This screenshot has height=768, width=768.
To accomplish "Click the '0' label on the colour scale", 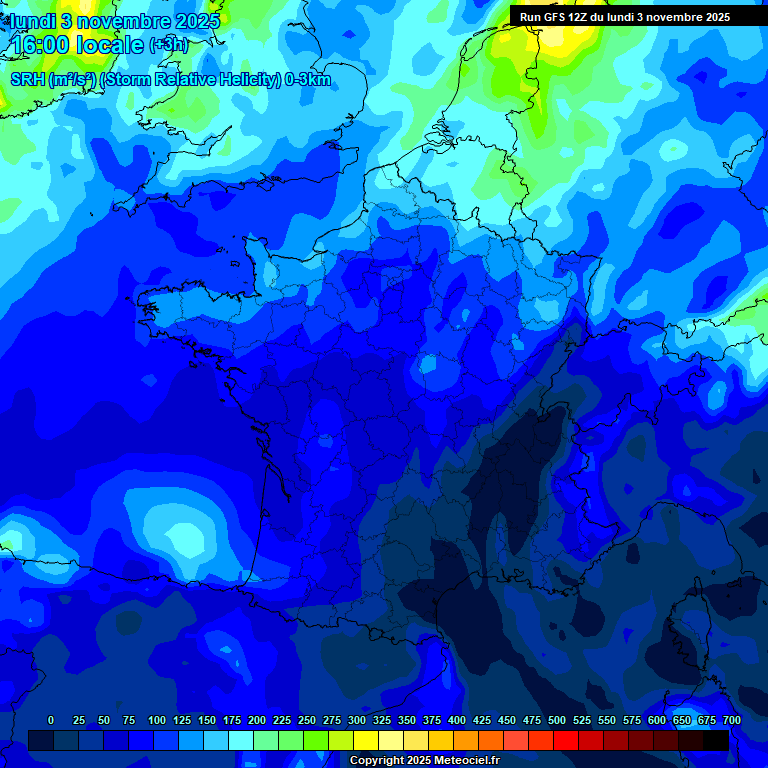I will [51, 720].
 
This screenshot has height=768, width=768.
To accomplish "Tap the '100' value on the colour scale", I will [157, 720].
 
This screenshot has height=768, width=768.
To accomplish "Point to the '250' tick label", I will [307, 720].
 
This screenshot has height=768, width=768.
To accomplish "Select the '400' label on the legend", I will [457, 720].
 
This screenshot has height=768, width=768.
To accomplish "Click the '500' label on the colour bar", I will [557, 720].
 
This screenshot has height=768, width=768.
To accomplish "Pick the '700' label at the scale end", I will [732, 720].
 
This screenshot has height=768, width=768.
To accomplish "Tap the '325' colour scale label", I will [382, 720].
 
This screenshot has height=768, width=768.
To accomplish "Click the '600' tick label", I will [657, 720].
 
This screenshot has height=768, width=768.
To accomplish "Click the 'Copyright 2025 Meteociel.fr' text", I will [424, 761].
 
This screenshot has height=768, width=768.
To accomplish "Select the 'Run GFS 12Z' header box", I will [625, 17].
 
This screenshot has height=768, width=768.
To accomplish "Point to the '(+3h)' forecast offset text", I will [168, 45].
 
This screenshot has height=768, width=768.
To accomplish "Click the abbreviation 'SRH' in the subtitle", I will [28, 80].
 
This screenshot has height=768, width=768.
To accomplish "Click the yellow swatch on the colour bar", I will [365, 741].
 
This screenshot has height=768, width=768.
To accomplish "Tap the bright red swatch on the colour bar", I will [565, 741].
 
